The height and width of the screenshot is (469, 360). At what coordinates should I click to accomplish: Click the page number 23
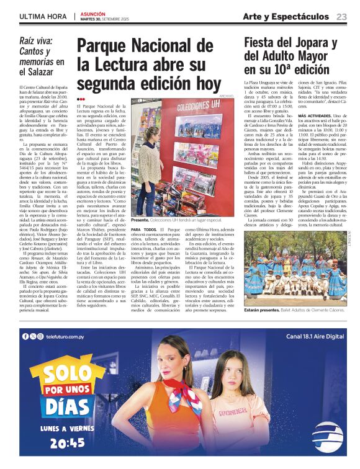pos(341,16)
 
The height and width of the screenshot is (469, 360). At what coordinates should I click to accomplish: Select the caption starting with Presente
pos(176,220)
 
